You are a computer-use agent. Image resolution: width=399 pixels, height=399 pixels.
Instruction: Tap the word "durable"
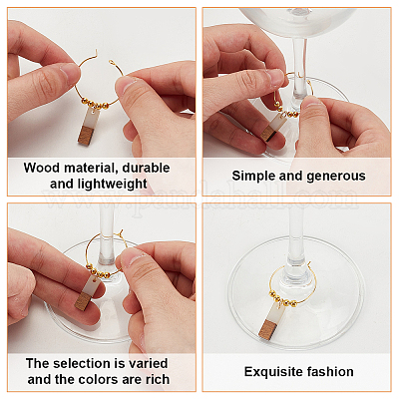coord(146,168)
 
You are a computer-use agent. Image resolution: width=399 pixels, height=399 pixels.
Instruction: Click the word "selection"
coord(85,363)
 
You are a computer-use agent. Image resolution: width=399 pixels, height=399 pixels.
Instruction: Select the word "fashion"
coord(330,371)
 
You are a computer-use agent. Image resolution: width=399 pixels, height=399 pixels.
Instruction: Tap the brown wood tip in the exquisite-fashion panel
coord(268,329)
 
